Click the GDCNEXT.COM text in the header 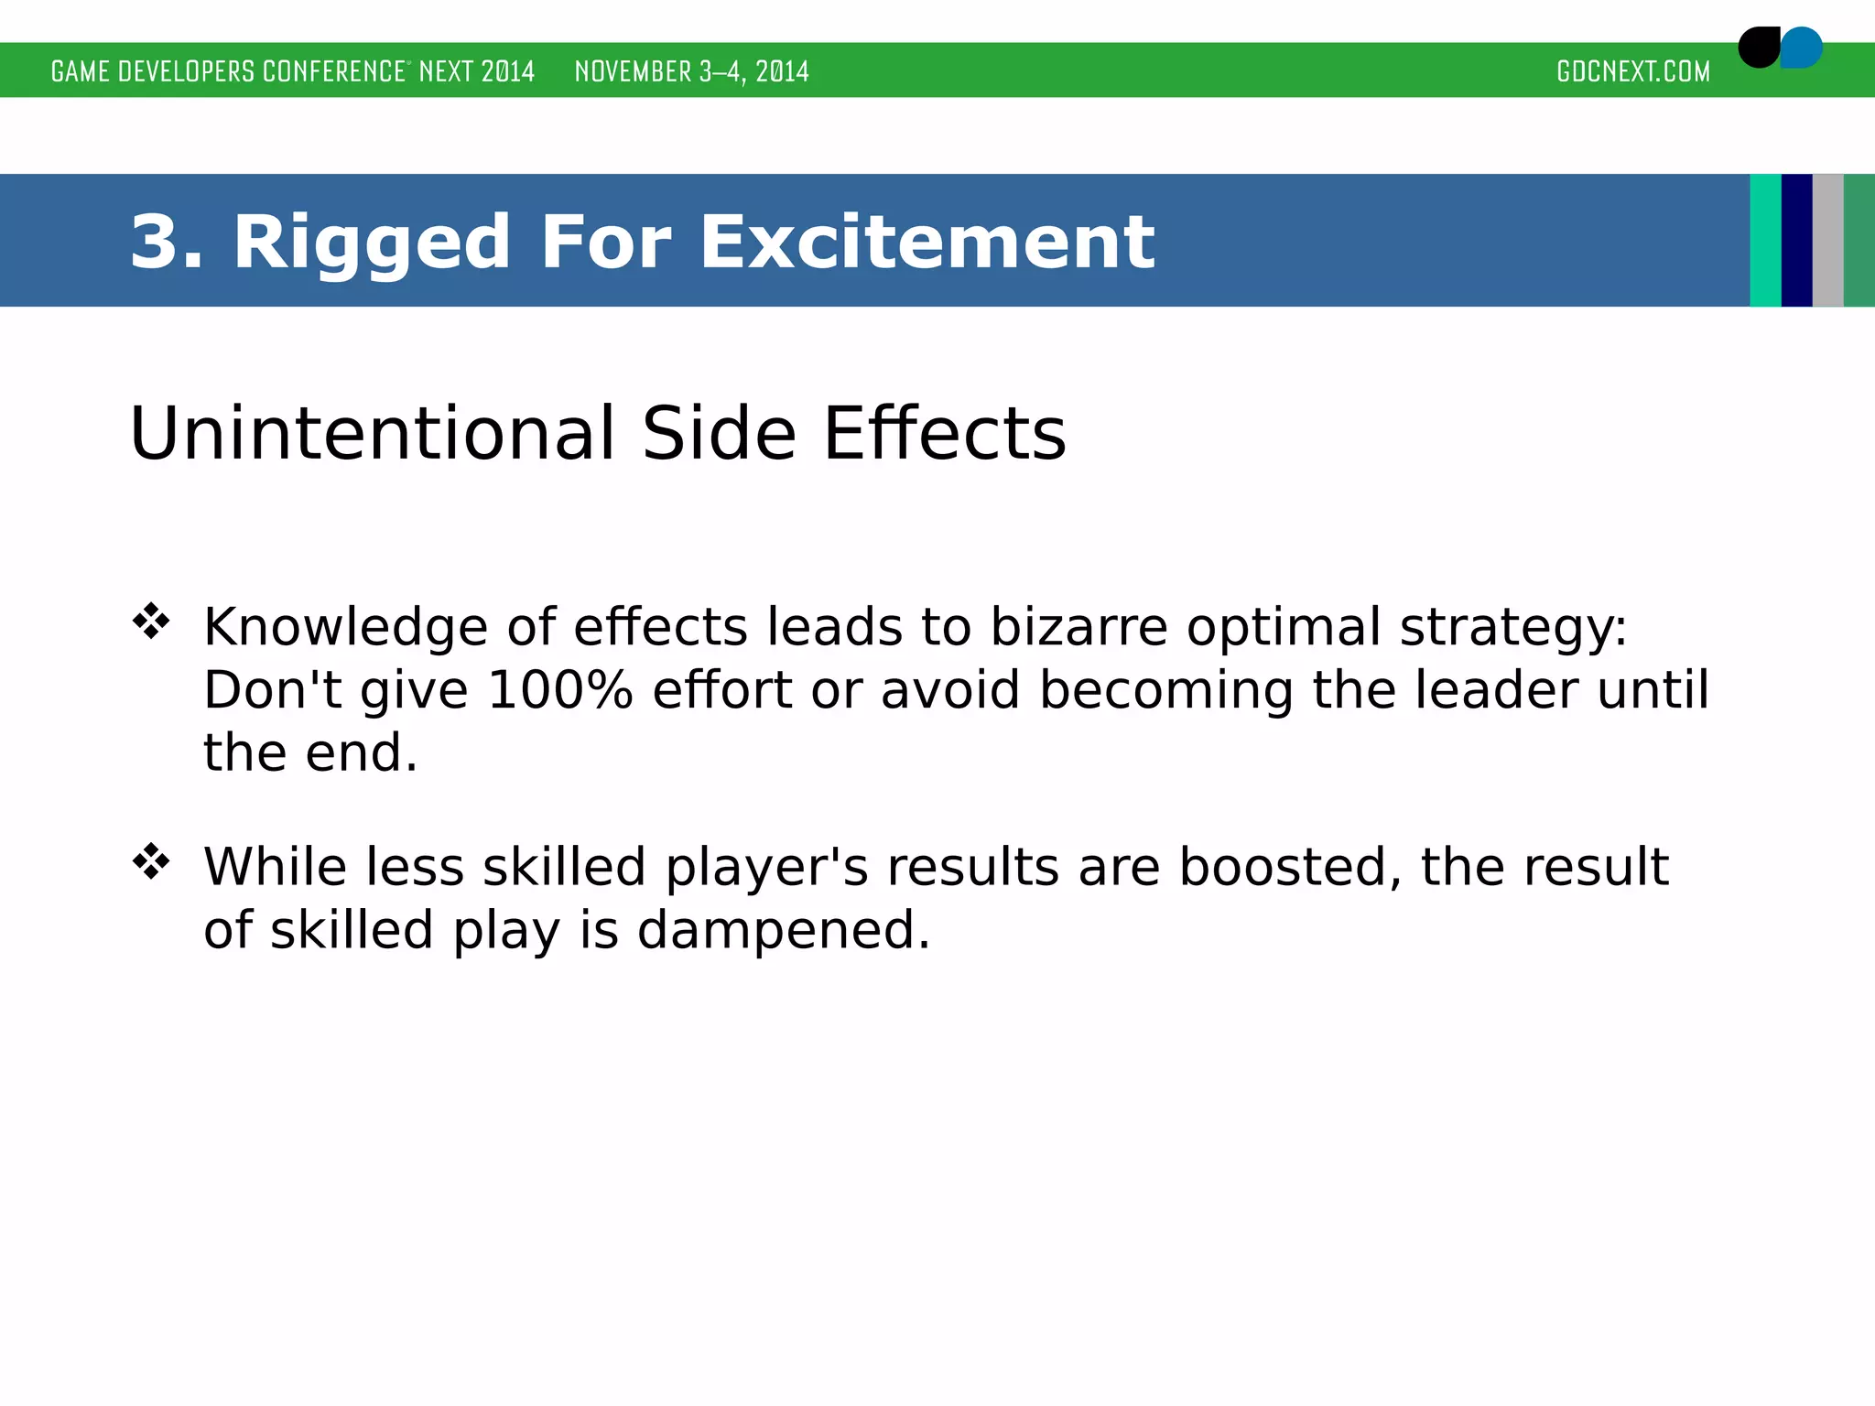(1633, 71)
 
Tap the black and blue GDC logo (1780, 48)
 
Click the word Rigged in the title (371, 243)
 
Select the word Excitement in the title (927, 242)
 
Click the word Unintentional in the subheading (372, 433)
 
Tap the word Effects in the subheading (945, 433)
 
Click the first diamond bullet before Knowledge (151, 622)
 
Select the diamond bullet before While (151, 861)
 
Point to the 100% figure (559, 690)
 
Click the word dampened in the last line (783, 930)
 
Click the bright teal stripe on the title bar (1765, 241)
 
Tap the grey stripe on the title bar (1827, 241)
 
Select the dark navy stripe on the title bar (1796, 241)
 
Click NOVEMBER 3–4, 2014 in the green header (691, 71)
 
